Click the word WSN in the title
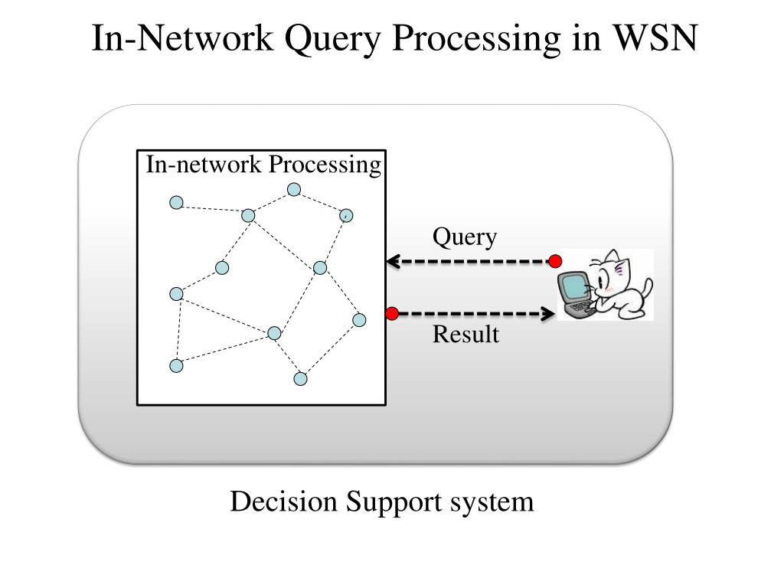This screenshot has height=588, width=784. (655, 38)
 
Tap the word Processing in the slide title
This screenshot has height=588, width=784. (476, 40)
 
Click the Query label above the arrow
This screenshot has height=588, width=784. (465, 237)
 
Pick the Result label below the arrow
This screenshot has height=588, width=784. (465, 334)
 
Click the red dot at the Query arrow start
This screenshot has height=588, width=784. (555, 261)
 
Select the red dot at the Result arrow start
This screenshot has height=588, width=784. (392, 313)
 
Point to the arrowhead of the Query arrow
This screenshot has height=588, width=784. (393, 261)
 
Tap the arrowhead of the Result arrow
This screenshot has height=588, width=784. (548, 314)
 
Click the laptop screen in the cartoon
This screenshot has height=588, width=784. (573, 288)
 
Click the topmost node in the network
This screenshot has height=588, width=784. (294, 190)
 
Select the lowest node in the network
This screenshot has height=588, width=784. (300, 379)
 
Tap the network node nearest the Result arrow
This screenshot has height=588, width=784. (359, 320)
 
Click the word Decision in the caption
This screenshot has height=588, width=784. (284, 501)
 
